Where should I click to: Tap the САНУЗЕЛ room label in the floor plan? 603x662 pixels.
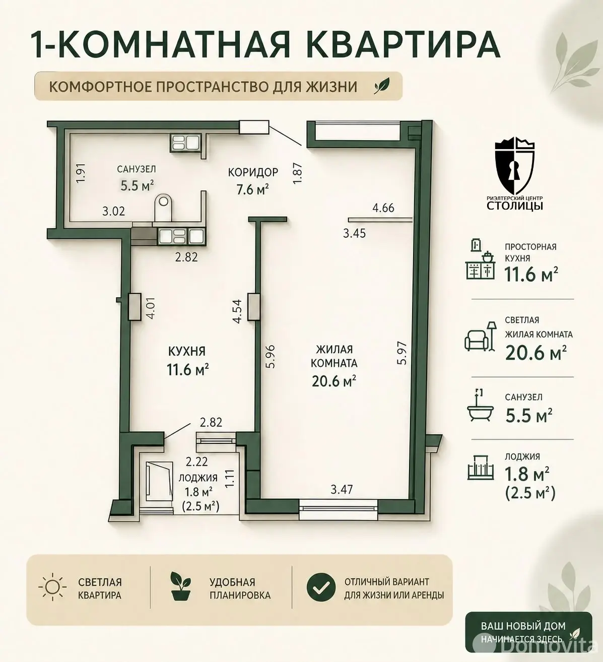(x=137, y=169)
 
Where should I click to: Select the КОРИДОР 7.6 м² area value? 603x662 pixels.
(x=253, y=190)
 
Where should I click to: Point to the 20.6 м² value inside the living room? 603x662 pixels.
(x=334, y=381)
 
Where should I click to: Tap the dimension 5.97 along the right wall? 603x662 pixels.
(x=402, y=353)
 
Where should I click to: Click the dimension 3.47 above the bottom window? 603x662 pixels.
(x=342, y=489)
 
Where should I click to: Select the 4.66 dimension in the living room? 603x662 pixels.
(x=383, y=208)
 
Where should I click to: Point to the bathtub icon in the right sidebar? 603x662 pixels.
(x=480, y=406)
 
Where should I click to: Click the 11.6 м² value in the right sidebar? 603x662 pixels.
(x=531, y=275)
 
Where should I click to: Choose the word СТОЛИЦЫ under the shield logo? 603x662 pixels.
(x=515, y=206)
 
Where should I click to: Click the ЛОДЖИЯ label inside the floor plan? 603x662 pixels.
(x=198, y=478)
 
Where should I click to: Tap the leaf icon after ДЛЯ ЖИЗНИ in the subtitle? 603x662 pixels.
(x=382, y=86)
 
